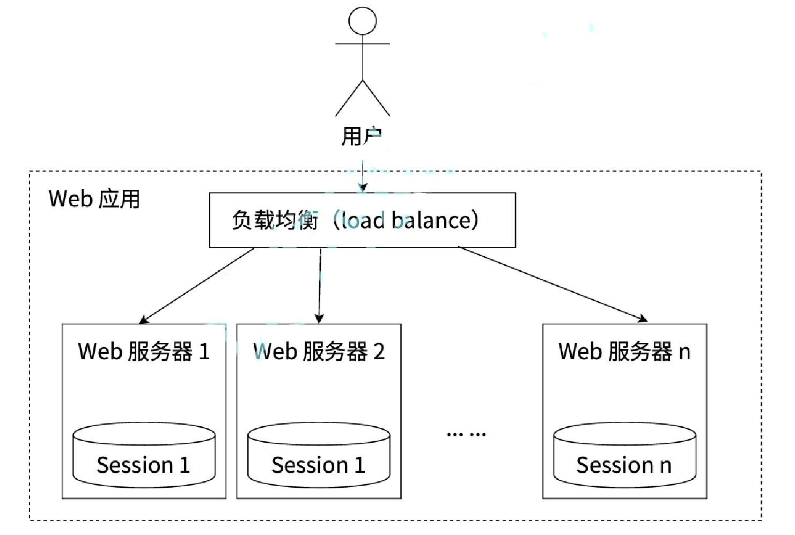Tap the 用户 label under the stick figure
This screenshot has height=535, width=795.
pyautogui.click(x=362, y=136)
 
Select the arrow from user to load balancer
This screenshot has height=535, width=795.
pyautogui.click(x=363, y=176)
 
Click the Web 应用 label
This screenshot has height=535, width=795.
pyautogui.click(x=94, y=199)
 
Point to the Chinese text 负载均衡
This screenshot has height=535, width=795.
pyautogui.click(x=275, y=220)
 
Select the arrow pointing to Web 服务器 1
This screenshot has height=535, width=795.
pyautogui.click(x=197, y=286)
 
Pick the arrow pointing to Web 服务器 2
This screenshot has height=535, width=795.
pyautogui.click(x=320, y=286)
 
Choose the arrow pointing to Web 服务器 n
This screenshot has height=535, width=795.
pyautogui.click(x=553, y=284)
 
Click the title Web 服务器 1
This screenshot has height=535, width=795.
pyautogui.click(x=144, y=352)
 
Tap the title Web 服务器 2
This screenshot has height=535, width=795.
pyautogui.click(x=319, y=352)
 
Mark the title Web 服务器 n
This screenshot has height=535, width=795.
pyautogui.click(x=624, y=352)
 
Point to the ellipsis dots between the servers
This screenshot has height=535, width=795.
pyautogui.click(x=466, y=434)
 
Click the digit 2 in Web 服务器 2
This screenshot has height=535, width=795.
pyautogui.click(x=379, y=352)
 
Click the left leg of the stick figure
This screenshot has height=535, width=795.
pyautogui.click(x=349, y=98)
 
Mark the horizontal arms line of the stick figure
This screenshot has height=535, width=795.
pyautogui.click(x=363, y=43)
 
